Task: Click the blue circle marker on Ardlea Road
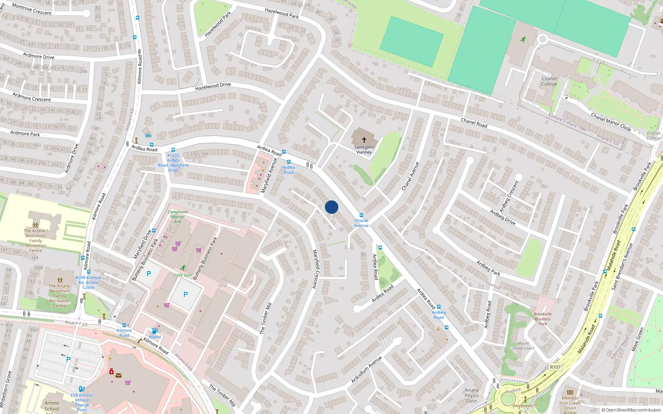click(331, 207)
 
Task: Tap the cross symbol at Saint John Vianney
click(364, 140)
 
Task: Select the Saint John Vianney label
click(364, 149)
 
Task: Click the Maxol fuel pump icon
click(155, 331)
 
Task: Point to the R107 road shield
click(555, 367)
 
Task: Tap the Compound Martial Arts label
click(178, 217)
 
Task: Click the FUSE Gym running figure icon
click(183, 268)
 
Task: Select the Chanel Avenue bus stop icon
click(361, 215)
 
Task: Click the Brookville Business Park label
click(542, 319)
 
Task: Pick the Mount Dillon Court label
click(523, 346)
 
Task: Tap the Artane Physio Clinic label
click(472, 395)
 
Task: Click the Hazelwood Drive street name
click(213, 87)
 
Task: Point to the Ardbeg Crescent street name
click(509, 196)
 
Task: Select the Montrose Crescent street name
click(32, 10)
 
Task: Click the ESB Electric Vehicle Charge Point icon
click(82, 389)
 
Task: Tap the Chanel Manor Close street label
click(611, 122)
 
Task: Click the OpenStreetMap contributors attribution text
click(631, 410)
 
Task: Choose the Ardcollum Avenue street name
click(366, 369)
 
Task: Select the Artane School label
click(52, 406)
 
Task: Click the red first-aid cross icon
click(111, 372)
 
